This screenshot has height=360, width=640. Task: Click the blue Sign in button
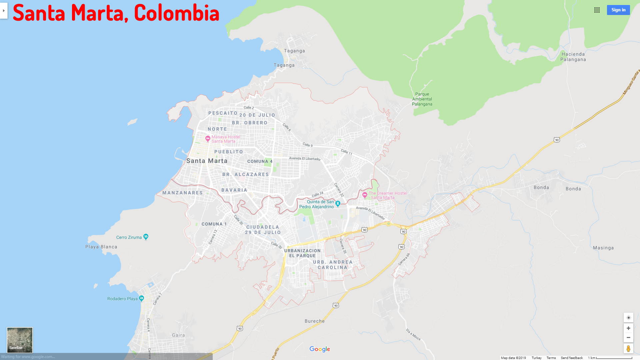click(x=618, y=10)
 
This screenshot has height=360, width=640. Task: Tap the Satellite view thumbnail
click(x=20, y=340)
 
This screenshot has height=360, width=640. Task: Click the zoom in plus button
click(x=628, y=328)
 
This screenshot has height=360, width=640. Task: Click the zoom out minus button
click(x=628, y=338)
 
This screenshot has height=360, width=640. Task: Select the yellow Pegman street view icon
click(x=628, y=349)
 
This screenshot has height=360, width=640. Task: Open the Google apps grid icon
click(x=597, y=10)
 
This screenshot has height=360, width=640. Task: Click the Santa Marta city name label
click(x=207, y=161)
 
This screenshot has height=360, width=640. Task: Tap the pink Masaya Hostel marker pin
click(x=208, y=138)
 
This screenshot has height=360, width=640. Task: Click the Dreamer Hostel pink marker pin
click(x=365, y=195)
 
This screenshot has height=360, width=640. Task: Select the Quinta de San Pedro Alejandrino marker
click(x=338, y=203)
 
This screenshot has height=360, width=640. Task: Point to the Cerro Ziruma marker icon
click(x=146, y=237)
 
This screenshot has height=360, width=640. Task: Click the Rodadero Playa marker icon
click(x=141, y=298)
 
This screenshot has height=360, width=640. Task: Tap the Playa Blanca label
click(x=101, y=247)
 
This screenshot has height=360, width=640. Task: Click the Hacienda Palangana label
click(x=573, y=57)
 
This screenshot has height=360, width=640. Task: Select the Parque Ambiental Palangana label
click(x=422, y=99)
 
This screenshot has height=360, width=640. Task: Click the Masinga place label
click(x=603, y=248)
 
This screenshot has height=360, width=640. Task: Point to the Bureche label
click(x=314, y=321)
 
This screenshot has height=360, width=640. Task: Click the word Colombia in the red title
click(x=177, y=13)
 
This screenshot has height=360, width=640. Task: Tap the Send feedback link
click(x=572, y=358)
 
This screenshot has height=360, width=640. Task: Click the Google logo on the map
click(x=320, y=349)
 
